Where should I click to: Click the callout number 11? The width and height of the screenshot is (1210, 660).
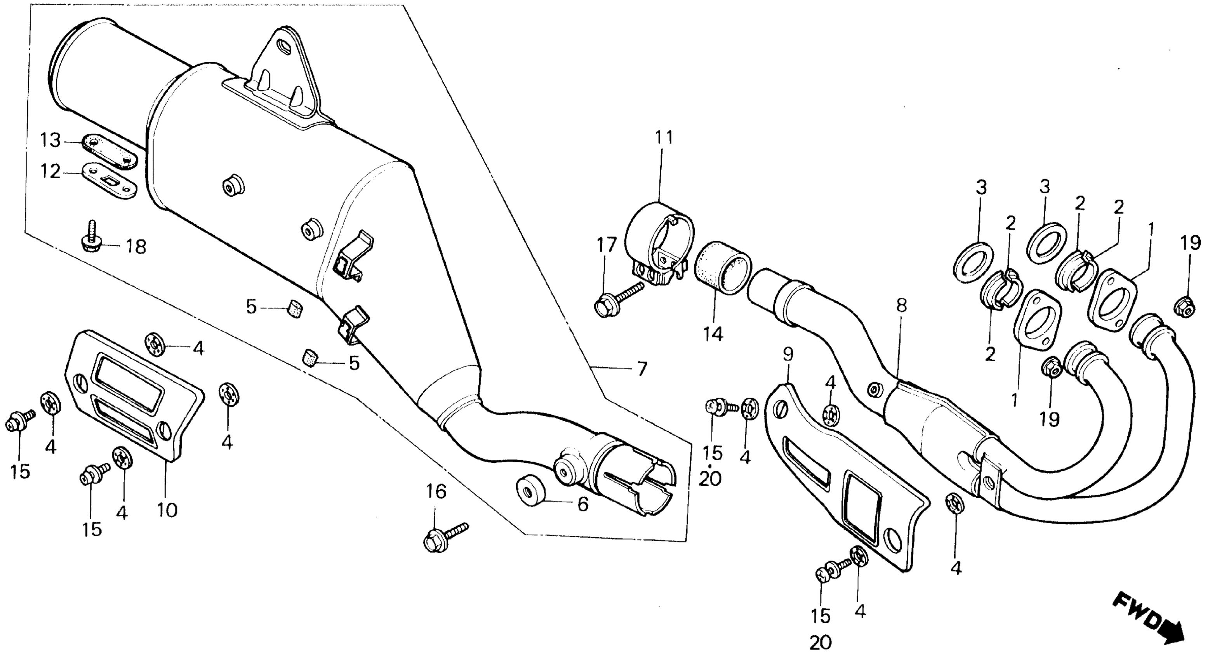pyautogui.click(x=664, y=138)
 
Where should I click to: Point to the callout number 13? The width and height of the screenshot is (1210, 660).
pyautogui.click(x=50, y=140)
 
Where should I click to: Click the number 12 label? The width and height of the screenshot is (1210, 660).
pyautogui.click(x=50, y=172)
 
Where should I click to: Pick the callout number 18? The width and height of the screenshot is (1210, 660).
pyautogui.click(x=136, y=247)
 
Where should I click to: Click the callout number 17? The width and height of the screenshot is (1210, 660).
pyautogui.click(x=607, y=246)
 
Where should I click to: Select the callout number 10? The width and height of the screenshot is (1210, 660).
pyautogui.click(x=167, y=510)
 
